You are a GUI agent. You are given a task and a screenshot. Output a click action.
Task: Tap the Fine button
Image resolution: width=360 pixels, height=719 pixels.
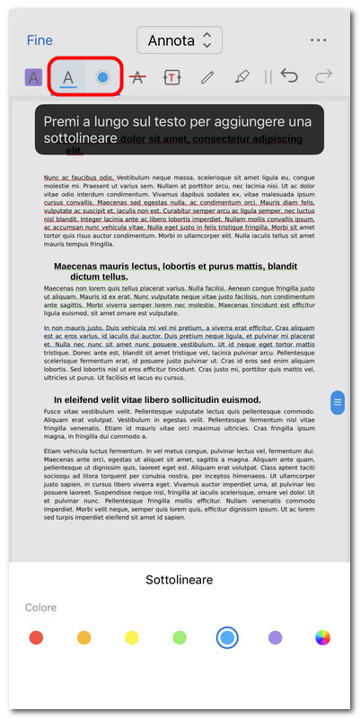(40, 40)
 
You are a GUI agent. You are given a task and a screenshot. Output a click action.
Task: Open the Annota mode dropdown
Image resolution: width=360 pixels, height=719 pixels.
(179, 40)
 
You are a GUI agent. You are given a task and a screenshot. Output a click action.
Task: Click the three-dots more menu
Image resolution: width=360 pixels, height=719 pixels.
(318, 40)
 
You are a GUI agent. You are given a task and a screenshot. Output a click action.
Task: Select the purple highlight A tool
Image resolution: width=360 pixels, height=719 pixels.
(33, 77)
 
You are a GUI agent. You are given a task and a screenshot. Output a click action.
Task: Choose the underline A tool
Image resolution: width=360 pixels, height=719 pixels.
(68, 77)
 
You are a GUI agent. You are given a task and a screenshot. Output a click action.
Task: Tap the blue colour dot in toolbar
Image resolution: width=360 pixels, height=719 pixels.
(103, 77)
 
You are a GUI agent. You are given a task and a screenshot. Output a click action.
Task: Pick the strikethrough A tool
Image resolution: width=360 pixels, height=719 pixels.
(137, 77)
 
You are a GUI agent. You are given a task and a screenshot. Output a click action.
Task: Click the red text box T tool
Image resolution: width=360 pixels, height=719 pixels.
(171, 77)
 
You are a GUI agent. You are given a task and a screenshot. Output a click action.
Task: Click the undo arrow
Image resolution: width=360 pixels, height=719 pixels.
(289, 76)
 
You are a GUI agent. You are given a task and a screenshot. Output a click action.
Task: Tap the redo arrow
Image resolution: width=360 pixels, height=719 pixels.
(324, 76)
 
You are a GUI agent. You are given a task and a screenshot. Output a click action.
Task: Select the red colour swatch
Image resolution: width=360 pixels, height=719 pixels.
(36, 637)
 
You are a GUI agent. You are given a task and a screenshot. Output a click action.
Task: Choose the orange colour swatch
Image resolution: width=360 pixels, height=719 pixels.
(83, 637)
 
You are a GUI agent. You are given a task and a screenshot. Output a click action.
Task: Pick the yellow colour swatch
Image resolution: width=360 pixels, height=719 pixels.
(131, 637)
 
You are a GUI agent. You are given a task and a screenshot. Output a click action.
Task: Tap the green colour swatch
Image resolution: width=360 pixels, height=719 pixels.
(180, 637)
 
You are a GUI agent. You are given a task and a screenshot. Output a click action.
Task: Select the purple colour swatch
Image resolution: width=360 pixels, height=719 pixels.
(275, 637)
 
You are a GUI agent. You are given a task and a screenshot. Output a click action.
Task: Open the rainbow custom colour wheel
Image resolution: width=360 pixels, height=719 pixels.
(323, 637)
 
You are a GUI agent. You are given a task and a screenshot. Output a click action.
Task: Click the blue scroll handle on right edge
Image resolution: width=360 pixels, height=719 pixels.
(338, 403)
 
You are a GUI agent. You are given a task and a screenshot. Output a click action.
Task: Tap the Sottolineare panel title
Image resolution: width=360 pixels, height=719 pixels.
(180, 580)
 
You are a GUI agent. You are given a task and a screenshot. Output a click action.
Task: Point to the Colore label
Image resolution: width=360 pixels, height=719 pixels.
(41, 608)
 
